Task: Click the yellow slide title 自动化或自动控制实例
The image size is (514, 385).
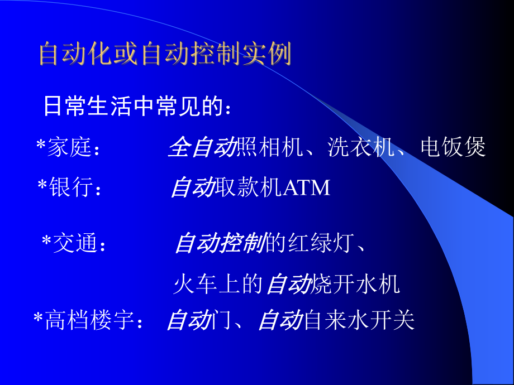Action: pos(165,55)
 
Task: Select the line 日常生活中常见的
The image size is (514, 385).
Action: pos(136,106)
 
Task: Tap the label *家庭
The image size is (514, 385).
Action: pos(68,148)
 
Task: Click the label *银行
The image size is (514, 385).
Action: pos(70,188)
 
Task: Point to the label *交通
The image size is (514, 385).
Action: pos(73,244)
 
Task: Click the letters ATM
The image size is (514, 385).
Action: pos(307,188)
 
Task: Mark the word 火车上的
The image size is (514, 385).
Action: pos(218,284)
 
